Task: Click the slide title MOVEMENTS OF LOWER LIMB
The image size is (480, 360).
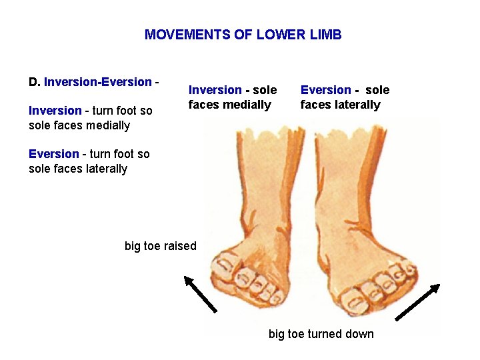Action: pos(243,35)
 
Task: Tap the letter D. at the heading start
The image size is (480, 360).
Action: pos(35,82)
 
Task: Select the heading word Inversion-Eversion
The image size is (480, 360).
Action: pos(98,82)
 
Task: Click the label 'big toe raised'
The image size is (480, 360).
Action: pos(161,246)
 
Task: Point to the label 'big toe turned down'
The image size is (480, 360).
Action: pos(321,334)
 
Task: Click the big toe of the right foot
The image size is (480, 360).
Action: pos(353,300)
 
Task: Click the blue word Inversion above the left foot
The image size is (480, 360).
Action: pos(215,90)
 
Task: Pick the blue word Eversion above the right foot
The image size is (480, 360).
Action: pos(325,90)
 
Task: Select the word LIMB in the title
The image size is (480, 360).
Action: pos(325,35)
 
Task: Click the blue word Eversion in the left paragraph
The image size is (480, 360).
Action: pos(53,154)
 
